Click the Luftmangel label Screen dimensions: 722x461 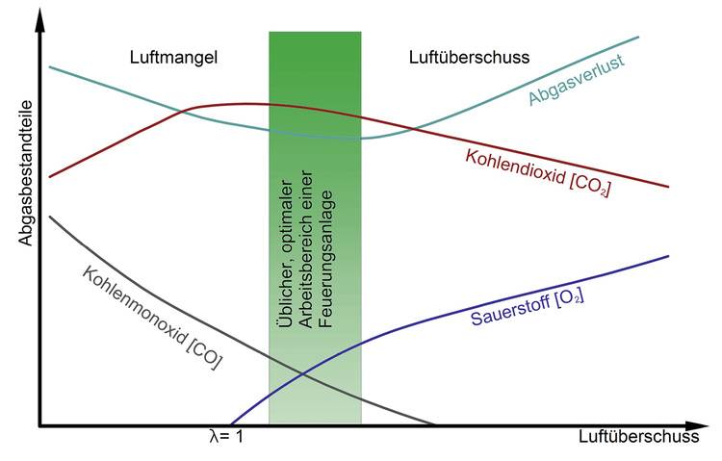tap(173, 58)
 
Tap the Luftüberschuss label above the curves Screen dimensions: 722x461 tap(469, 57)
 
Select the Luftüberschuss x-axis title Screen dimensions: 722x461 tap(638, 436)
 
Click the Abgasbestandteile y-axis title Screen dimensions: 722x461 tap(26, 173)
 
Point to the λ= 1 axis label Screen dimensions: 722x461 tap(225, 436)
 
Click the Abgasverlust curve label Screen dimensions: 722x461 tap(576, 80)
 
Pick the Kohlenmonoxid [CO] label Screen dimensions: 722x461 tap(152, 318)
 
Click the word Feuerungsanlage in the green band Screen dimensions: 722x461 tap(326, 259)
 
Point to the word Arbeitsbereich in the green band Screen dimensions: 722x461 tap(306, 249)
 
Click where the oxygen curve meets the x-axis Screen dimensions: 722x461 tap(230, 424)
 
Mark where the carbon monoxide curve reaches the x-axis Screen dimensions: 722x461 tap(434, 424)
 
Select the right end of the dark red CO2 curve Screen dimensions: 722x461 tap(668, 187)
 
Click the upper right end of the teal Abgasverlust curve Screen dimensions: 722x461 tap(639, 36)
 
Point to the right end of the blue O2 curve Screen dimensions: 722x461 tap(668, 256)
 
